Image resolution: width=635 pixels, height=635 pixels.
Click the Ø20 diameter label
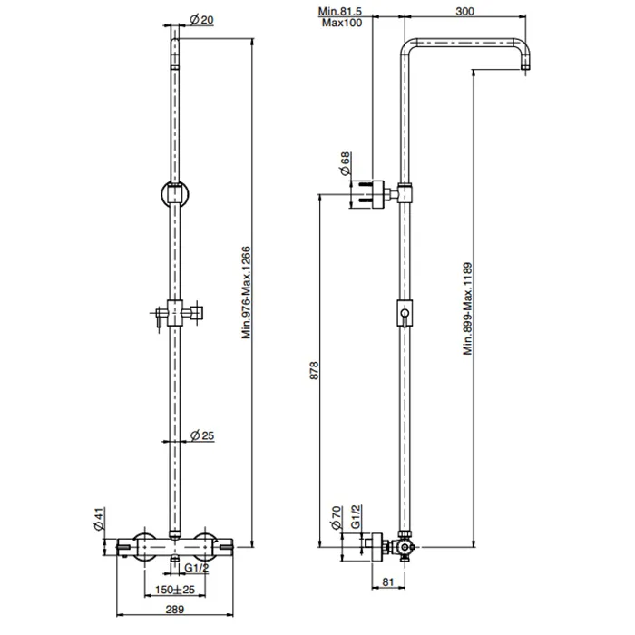(x=201, y=19)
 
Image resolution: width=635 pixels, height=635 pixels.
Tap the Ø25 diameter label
(x=202, y=435)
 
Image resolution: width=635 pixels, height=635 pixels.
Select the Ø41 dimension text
(x=99, y=519)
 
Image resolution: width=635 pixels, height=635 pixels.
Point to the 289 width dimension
(x=175, y=609)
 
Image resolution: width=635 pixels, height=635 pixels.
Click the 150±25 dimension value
(x=175, y=590)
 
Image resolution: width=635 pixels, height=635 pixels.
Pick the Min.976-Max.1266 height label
(x=246, y=293)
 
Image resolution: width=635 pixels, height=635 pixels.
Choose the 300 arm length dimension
(x=464, y=11)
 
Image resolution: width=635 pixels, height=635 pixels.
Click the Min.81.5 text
(x=340, y=11)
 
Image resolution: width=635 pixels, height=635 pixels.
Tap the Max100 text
(x=342, y=23)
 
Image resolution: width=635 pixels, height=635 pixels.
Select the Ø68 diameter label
(x=345, y=163)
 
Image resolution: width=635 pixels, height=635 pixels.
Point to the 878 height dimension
(x=314, y=370)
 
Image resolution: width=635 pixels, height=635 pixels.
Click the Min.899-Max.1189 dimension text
(x=468, y=309)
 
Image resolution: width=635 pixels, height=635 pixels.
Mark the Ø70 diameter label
(x=337, y=518)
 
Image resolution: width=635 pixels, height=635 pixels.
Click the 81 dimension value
(x=388, y=581)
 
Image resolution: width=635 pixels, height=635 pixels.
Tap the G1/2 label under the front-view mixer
(x=197, y=568)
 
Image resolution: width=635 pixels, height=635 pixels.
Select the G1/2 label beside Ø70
(x=356, y=516)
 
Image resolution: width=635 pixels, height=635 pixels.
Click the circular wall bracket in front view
(x=175, y=193)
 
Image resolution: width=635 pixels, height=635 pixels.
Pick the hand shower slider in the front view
(x=175, y=313)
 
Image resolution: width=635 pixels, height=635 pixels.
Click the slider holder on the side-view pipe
(x=405, y=314)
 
